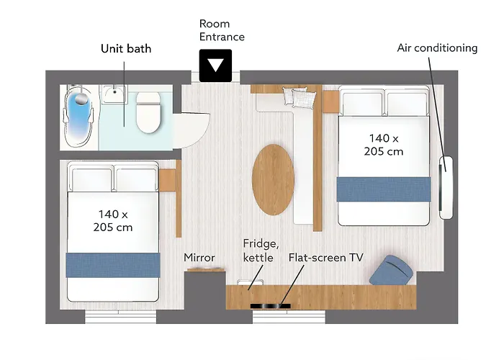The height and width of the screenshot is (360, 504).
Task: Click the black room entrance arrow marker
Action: [215, 66]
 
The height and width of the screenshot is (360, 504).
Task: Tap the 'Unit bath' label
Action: [126, 48]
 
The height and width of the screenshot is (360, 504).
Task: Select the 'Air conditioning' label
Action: [437, 48]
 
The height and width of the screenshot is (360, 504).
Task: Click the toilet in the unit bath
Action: [148, 112]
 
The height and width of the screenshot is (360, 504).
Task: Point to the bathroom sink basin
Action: [114, 94]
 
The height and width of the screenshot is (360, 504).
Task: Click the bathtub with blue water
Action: [78, 117]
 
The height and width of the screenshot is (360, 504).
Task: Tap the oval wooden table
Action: [273, 179]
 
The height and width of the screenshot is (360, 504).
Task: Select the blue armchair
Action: [391, 270]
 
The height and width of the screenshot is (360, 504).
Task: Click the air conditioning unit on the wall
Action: [446, 188]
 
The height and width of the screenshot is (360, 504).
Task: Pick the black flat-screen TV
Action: [270, 306]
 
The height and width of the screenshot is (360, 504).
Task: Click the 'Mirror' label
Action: [199, 258]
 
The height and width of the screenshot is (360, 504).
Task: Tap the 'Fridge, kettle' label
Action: [261, 251]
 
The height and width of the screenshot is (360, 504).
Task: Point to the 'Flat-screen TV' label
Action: [325, 258]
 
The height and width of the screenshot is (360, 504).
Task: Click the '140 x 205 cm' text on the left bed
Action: [113, 220]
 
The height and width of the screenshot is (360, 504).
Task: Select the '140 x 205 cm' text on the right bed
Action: [384, 145]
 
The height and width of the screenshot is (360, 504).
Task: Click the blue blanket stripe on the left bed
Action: [113, 265]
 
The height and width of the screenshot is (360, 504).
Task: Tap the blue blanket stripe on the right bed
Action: [384, 189]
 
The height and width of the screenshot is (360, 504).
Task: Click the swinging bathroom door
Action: [192, 130]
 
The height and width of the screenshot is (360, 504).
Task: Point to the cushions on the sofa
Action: [300, 97]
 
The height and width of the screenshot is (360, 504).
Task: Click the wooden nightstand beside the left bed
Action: [167, 180]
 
